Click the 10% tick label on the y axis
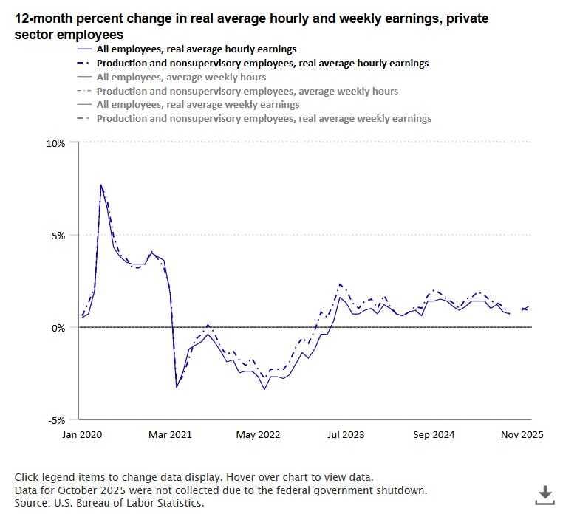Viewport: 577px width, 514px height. click(56, 143)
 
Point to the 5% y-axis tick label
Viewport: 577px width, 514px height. click(58, 236)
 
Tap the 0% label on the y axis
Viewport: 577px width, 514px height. click(58, 328)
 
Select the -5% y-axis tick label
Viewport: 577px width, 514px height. click(57, 420)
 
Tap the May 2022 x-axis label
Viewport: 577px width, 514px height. click(259, 435)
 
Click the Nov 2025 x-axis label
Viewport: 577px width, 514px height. click(521, 435)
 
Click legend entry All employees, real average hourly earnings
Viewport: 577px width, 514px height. click(197, 49)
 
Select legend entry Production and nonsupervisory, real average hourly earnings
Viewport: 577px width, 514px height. click(262, 64)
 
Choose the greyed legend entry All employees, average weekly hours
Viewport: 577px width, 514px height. click(181, 77)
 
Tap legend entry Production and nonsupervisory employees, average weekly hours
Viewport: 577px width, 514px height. click(247, 91)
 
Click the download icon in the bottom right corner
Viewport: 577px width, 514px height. click(544, 495)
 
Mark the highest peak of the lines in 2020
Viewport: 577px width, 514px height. click(101, 185)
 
